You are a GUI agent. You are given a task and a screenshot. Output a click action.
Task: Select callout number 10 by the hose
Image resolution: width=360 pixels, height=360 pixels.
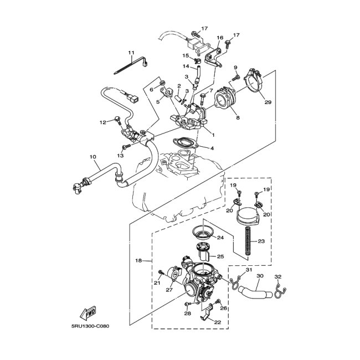(92, 157)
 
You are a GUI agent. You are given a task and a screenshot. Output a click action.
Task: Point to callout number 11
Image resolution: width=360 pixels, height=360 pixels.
(131, 53)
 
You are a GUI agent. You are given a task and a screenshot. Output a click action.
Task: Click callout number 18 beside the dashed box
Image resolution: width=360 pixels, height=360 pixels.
(140, 260)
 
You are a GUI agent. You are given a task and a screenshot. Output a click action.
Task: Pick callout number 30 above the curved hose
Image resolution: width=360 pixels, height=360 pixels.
(260, 276)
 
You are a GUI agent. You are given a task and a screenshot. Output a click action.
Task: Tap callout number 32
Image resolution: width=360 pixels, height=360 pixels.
(278, 276)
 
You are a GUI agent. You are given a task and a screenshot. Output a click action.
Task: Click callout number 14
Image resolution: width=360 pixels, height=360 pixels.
(186, 66)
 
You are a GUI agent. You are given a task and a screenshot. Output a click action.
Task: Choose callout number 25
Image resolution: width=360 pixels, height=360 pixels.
(220, 256)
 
